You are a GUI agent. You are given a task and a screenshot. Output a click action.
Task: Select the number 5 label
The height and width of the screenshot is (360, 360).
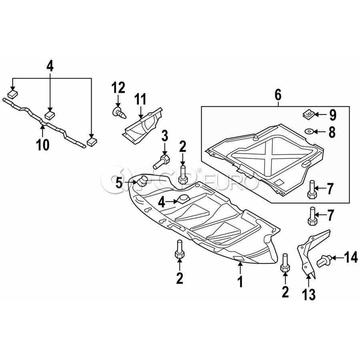point(119,183)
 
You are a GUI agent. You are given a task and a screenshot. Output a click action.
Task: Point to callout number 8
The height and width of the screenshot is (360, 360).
point(332,132)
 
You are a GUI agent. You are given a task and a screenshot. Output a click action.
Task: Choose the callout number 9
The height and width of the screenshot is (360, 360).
point(333,115)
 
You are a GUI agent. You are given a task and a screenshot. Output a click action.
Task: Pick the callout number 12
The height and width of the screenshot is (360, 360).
point(118,87)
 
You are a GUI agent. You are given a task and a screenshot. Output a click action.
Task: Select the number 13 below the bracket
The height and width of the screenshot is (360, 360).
point(309,294)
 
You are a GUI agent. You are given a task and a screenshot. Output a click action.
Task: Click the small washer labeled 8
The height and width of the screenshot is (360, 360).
point(310,132)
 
